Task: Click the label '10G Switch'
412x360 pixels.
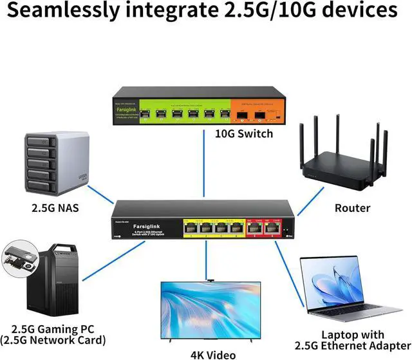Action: (x=243, y=134)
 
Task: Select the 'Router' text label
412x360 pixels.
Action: (x=353, y=207)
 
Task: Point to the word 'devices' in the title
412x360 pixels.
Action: (x=360, y=12)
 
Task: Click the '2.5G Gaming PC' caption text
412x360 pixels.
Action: (x=54, y=330)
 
